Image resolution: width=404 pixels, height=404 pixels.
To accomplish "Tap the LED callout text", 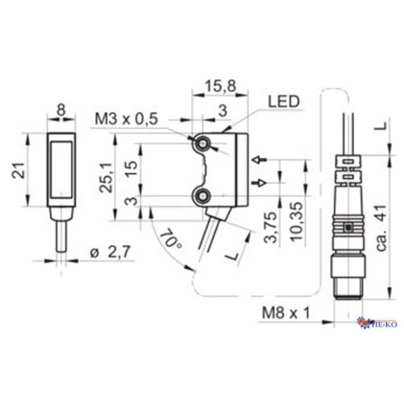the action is tap(284, 101).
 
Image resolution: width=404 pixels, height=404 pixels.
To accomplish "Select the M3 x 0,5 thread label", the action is tap(126, 119).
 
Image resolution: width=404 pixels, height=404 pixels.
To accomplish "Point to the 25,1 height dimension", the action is tap(107, 177).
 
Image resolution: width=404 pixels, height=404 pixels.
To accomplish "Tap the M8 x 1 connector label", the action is tap(285, 313).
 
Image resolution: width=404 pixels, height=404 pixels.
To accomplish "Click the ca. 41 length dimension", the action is tap(382, 228).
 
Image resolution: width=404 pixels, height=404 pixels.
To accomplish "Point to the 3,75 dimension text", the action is tap(271, 227).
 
